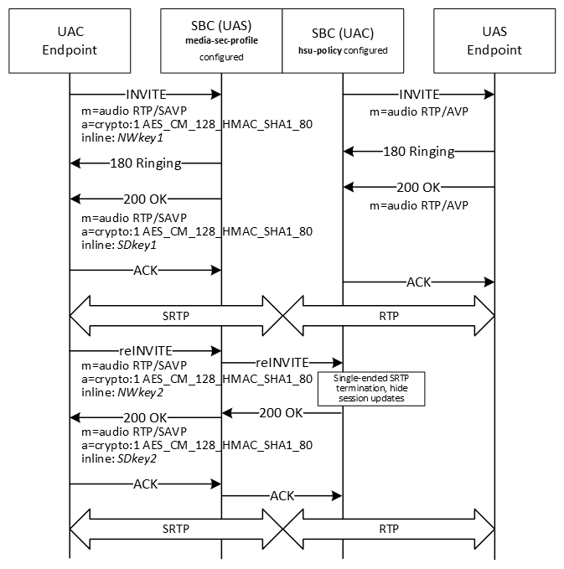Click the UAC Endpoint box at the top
(70, 41)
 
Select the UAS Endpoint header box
(494, 41)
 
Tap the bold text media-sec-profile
(221, 40)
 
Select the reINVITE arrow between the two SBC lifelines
(282, 363)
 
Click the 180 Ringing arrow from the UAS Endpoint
(418, 151)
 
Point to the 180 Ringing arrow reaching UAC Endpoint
(145, 163)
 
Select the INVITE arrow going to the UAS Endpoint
(418, 94)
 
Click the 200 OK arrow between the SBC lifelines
(282, 412)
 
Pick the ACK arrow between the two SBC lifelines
(282, 496)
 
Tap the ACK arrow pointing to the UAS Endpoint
(418, 282)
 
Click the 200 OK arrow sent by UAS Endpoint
(418, 186)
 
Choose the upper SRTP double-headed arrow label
(177, 317)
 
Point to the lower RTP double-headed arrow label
(388, 530)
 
